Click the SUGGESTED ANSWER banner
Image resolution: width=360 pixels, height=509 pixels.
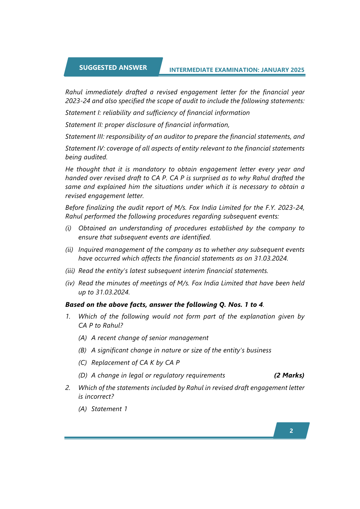coord(113,67)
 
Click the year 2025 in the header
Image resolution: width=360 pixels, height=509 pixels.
coord(297,70)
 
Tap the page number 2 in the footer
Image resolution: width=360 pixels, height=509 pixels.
coord(291,431)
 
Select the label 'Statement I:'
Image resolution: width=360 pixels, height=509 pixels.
coord(83,113)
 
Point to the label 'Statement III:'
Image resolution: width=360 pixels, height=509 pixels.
coord(85,137)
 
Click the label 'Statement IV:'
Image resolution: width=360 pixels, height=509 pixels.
coord(85,148)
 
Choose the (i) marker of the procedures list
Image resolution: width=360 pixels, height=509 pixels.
coord(68,228)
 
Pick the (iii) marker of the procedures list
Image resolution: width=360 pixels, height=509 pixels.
coord(70,271)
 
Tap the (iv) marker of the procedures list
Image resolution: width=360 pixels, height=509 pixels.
coord(70,283)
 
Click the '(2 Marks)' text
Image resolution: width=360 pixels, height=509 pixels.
coord(289,375)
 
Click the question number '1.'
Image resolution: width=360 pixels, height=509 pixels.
coord(68,316)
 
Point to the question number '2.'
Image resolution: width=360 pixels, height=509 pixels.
coord(68,388)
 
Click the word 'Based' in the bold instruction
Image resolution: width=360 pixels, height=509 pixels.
coord(75,305)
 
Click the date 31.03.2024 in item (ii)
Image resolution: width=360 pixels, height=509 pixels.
coord(271,258)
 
